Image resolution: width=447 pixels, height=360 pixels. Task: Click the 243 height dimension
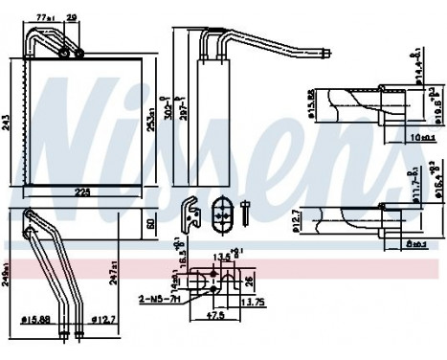pyautogui.click(x=7, y=121)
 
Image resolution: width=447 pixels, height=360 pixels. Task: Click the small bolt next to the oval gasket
pyautogui.click(x=246, y=213)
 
